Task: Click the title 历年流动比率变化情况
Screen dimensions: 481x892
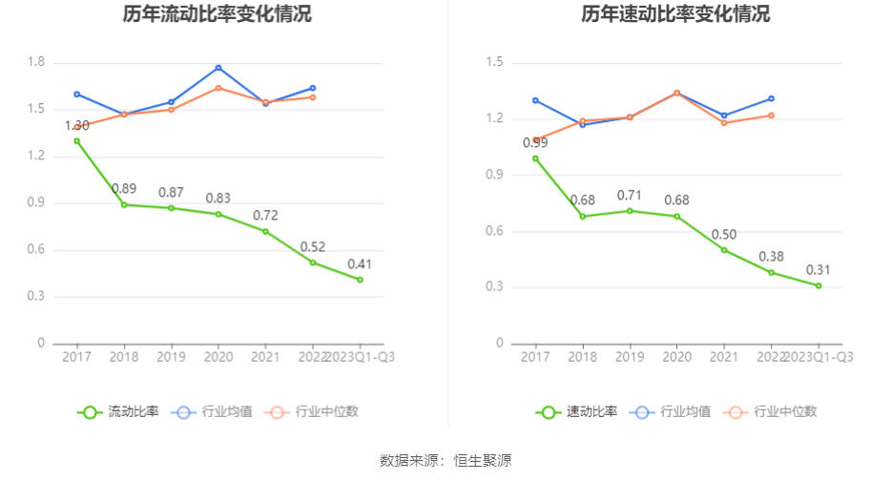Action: [x=217, y=14]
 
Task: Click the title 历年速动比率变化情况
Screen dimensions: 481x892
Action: [x=675, y=14]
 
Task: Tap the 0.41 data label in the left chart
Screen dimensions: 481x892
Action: [x=360, y=263]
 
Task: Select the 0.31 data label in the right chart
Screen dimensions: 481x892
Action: [x=818, y=270]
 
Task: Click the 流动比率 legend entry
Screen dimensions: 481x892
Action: [x=118, y=412]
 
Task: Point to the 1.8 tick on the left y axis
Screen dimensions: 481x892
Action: [x=36, y=62]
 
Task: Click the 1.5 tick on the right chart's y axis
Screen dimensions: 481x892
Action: [x=494, y=62]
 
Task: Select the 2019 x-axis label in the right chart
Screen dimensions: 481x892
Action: [x=630, y=357]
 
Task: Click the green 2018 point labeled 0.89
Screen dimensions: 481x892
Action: [x=124, y=204]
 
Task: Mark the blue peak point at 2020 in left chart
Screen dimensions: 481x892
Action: [x=218, y=68]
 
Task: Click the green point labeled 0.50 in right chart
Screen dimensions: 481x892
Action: [x=724, y=250]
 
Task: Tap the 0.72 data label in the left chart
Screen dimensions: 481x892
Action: [x=266, y=215]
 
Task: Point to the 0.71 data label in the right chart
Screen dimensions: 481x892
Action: [x=630, y=196]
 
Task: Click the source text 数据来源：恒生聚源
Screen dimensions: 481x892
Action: [x=446, y=461]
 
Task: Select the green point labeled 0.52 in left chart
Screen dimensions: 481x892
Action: [x=313, y=262]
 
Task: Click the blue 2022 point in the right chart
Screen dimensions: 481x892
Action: [x=771, y=98]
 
